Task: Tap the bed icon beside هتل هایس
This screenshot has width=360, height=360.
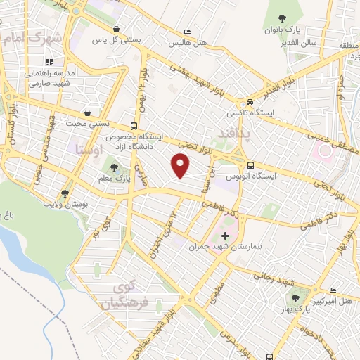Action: point(186,32)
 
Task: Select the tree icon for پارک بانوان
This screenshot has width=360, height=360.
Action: point(282,18)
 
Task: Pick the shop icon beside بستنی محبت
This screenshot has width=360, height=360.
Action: point(86,112)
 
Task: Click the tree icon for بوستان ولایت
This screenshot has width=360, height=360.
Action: point(65,192)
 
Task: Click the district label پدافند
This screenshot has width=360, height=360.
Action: point(230,134)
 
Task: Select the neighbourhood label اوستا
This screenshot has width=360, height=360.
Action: point(88,150)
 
